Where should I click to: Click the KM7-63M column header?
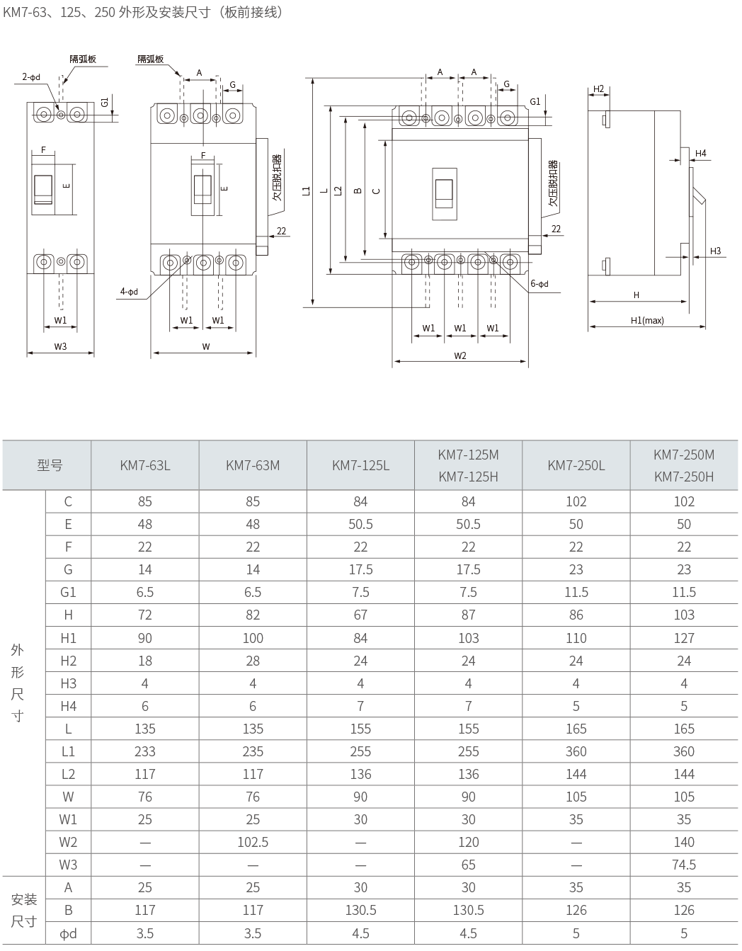point(253,465)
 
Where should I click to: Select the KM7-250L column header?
point(576,465)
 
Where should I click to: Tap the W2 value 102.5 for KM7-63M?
point(253,842)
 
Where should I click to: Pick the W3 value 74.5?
point(684,865)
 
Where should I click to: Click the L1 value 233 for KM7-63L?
point(145,751)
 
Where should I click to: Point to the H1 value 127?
point(684,638)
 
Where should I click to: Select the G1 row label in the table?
point(68,592)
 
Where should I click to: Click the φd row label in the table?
point(68,933)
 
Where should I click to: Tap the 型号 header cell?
point(50,465)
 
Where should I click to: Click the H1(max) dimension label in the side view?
point(647,320)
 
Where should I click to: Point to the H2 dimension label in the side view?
point(598,89)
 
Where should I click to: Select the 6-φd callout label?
point(540,283)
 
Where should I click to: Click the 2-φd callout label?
point(31,77)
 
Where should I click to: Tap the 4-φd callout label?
point(129,292)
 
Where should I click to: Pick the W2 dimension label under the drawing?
point(460,355)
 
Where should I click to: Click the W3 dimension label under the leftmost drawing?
point(60,346)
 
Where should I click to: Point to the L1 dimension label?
point(307,191)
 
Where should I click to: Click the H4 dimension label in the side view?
point(700,153)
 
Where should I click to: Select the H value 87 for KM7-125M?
point(468,615)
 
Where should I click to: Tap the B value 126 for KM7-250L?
point(576,911)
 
